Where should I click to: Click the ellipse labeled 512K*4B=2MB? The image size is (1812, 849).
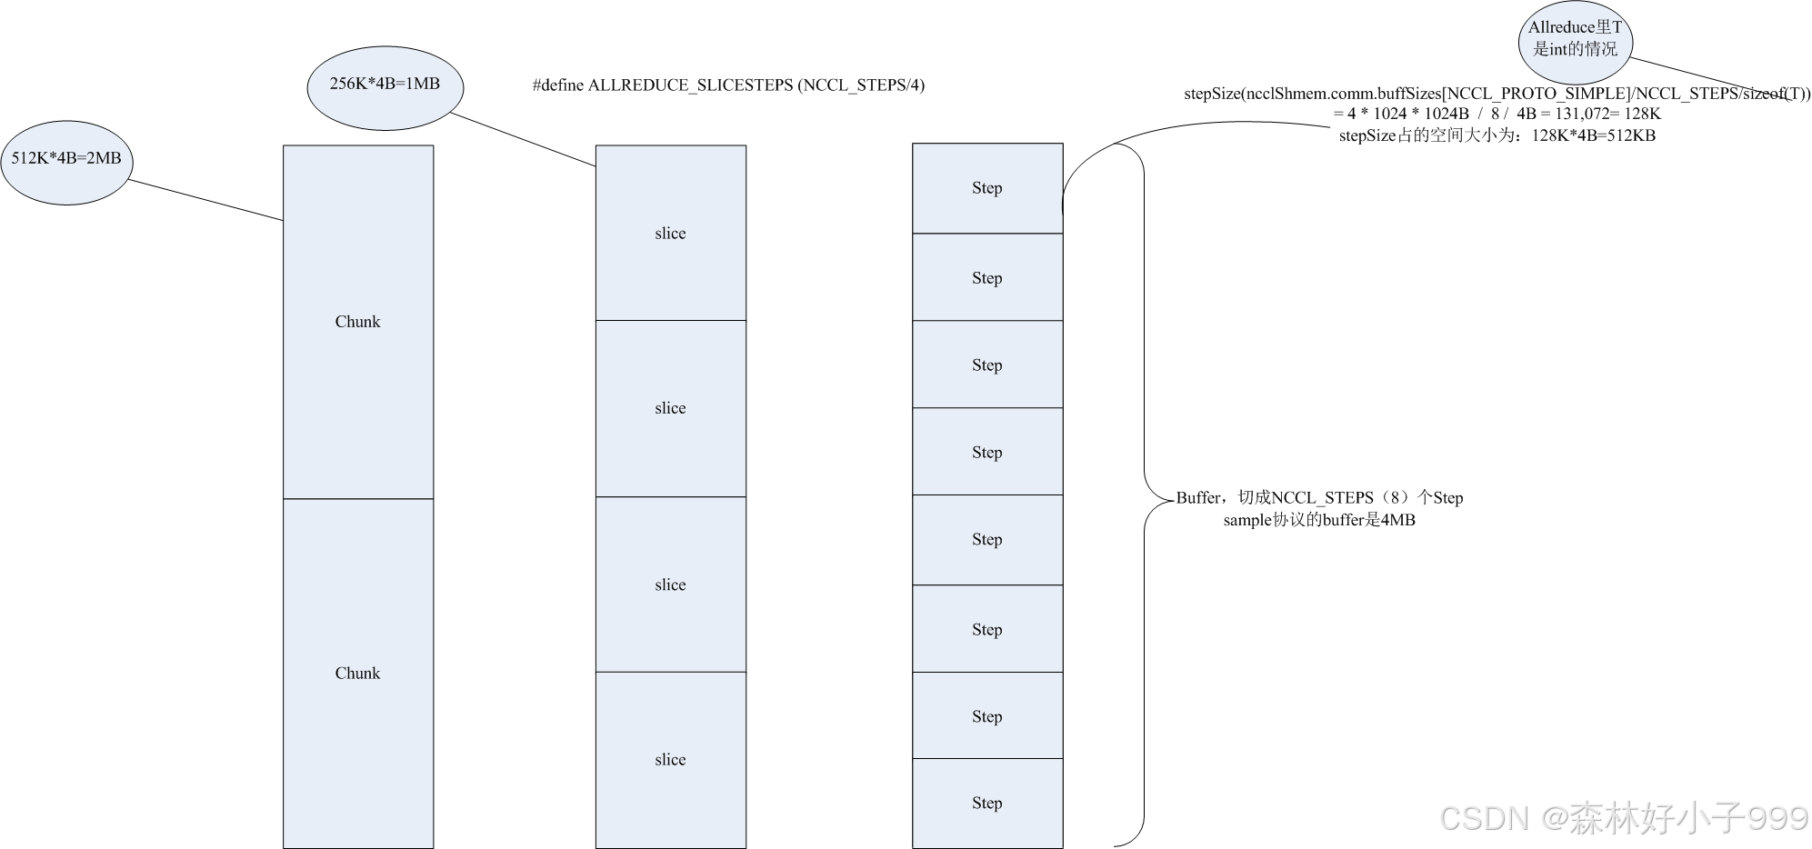pyautogui.click(x=66, y=163)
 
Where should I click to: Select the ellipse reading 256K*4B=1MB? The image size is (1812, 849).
pyautogui.click(x=385, y=88)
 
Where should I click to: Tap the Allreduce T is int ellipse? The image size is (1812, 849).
pyautogui.click(x=1575, y=41)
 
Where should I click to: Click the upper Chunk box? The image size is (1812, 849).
pyautogui.click(x=357, y=322)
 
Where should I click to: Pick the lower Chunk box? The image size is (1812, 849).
pyautogui.click(x=357, y=674)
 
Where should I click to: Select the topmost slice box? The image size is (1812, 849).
pyautogui.click(x=670, y=234)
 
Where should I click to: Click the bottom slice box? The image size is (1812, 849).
pyautogui.click(x=670, y=760)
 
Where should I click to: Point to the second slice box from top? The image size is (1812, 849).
pyautogui.click(x=670, y=408)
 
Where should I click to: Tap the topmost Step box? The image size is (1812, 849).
pyautogui.click(x=986, y=188)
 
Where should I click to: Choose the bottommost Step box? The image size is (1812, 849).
pyautogui.click(x=986, y=804)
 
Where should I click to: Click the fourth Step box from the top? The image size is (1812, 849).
pyautogui.click(x=986, y=452)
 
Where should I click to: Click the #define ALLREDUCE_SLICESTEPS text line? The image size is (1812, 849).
pyautogui.click(x=728, y=85)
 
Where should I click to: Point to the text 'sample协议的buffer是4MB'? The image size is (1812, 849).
pyautogui.click(x=1318, y=521)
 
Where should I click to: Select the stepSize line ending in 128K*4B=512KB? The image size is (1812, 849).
pyautogui.click(x=1497, y=136)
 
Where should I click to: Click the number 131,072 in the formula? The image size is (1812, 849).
pyautogui.click(x=1581, y=115)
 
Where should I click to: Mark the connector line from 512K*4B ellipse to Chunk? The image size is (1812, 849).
pyautogui.click(x=205, y=200)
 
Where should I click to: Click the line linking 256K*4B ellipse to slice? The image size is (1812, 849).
pyautogui.click(x=523, y=139)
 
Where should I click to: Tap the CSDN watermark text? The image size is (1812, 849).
pyautogui.click(x=1624, y=818)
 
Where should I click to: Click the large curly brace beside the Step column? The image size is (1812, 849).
pyautogui.click(x=1143, y=495)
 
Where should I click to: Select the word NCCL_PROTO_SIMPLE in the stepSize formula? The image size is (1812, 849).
pyautogui.click(x=1538, y=95)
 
